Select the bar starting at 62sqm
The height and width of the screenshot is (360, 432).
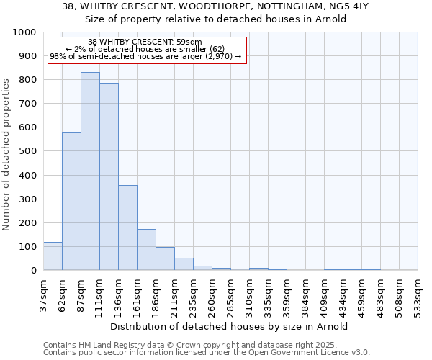pyautogui.click(x=71, y=202)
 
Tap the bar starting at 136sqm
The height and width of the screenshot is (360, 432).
pyautogui.click(x=127, y=228)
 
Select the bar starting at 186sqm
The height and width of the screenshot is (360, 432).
pyautogui.click(x=165, y=258)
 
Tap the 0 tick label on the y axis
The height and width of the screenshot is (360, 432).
pyautogui.click(x=33, y=271)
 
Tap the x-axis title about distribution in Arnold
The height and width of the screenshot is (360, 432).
pyautogui.click(x=230, y=326)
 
